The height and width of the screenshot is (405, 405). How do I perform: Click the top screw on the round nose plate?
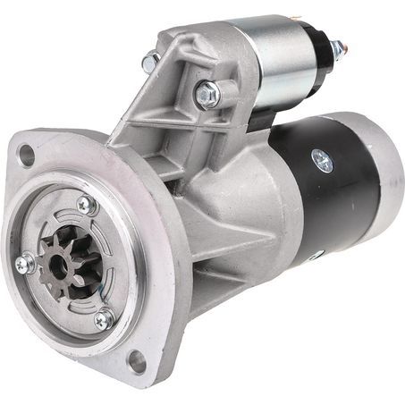pyautogui.click(x=86, y=206)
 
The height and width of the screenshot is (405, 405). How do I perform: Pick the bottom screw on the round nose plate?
pyautogui.click(x=104, y=318)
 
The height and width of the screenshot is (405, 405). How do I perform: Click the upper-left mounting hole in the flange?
pyautogui.click(x=26, y=155)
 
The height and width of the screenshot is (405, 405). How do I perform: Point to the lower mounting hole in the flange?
pyautogui.click(x=136, y=360)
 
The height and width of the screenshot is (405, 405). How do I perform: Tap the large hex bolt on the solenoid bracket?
pyautogui.click(x=206, y=93)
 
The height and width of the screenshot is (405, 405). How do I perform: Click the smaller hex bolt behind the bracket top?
pyautogui.click(x=150, y=62)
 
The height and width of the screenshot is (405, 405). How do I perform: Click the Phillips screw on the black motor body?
pyautogui.click(x=322, y=161)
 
